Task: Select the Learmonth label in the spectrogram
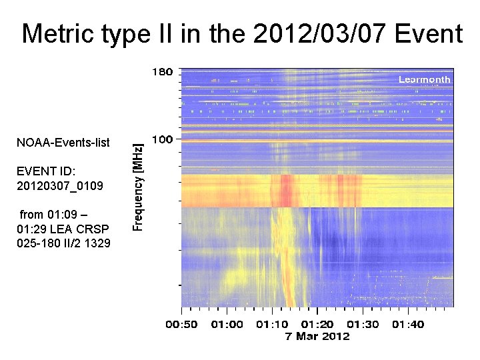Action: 424,79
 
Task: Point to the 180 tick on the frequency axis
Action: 163,72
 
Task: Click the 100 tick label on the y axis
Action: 163,139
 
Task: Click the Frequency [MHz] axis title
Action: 137,188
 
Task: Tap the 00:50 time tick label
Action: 181,325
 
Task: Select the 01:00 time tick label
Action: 227,325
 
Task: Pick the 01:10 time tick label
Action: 272,325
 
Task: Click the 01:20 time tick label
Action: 317,325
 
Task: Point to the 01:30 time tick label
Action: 363,325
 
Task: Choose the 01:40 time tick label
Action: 408,325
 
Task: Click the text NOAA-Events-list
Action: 63,143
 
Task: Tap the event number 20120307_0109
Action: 60,185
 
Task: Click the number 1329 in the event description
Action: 97,243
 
